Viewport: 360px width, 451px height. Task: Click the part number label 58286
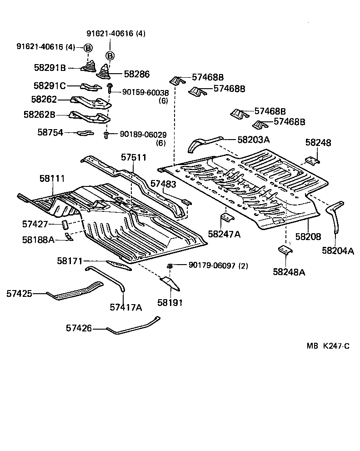(x=136, y=74)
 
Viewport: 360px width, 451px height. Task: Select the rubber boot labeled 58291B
(x=88, y=66)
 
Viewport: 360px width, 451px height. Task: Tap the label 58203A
(x=254, y=140)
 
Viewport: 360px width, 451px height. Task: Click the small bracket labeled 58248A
(x=285, y=250)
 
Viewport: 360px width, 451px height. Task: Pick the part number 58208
(x=308, y=236)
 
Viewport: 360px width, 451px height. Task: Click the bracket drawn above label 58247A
(x=227, y=218)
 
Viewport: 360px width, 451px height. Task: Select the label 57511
(x=134, y=157)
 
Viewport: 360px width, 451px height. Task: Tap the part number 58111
(x=52, y=178)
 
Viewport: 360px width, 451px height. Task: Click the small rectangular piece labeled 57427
(x=65, y=224)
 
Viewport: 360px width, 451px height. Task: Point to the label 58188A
(x=38, y=240)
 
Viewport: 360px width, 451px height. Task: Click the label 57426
(x=79, y=328)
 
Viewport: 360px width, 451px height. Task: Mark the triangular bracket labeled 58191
(x=170, y=283)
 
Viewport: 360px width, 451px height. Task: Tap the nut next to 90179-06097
(x=170, y=266)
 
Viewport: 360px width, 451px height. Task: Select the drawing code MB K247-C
(x=328, y=346)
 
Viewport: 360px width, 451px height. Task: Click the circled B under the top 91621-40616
(x=110, y=55)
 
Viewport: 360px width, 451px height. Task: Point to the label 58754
(x=50, y=132)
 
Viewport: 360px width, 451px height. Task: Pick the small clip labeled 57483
(x=187, y=202)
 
